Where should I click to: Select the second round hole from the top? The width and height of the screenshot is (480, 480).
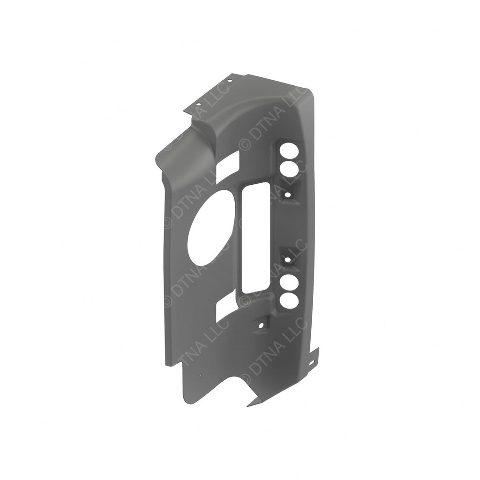(288, 169)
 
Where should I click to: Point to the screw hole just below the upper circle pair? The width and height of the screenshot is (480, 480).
(287, 193)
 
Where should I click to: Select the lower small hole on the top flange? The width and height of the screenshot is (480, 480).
(198, 104)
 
